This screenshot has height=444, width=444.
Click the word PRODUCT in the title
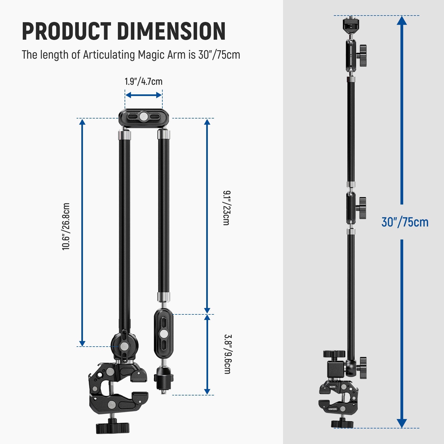point(66,31)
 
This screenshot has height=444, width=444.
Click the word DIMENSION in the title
point(171,31)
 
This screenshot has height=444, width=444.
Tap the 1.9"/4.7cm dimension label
point(143,82)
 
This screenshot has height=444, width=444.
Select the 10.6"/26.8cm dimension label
point(66,226)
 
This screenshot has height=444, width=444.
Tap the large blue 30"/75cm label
point(405,222)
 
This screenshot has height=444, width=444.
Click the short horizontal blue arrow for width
point(143,95)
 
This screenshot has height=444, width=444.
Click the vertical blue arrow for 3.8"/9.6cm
point(207,354)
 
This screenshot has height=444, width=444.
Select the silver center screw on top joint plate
point(143,117)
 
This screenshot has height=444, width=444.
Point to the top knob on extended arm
point(362,55)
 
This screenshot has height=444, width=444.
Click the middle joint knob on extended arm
point(362,208)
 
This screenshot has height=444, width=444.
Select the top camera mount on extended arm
point(351,26)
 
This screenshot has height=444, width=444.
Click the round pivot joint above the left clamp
point(125,346)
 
